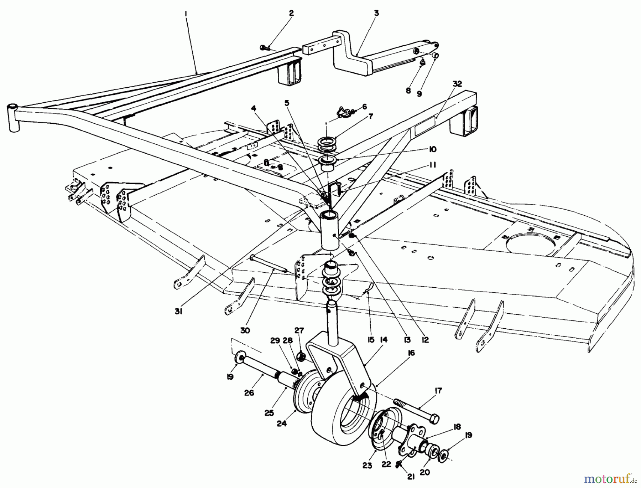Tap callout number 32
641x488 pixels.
(458, 84)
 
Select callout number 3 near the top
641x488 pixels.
(376, 13)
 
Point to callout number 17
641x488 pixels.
(438, 391)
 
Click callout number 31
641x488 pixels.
(178, 312)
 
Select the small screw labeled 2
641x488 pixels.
(264, 47)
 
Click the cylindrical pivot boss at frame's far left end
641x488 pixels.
(13, 118)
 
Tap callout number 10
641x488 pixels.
(433, 150)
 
